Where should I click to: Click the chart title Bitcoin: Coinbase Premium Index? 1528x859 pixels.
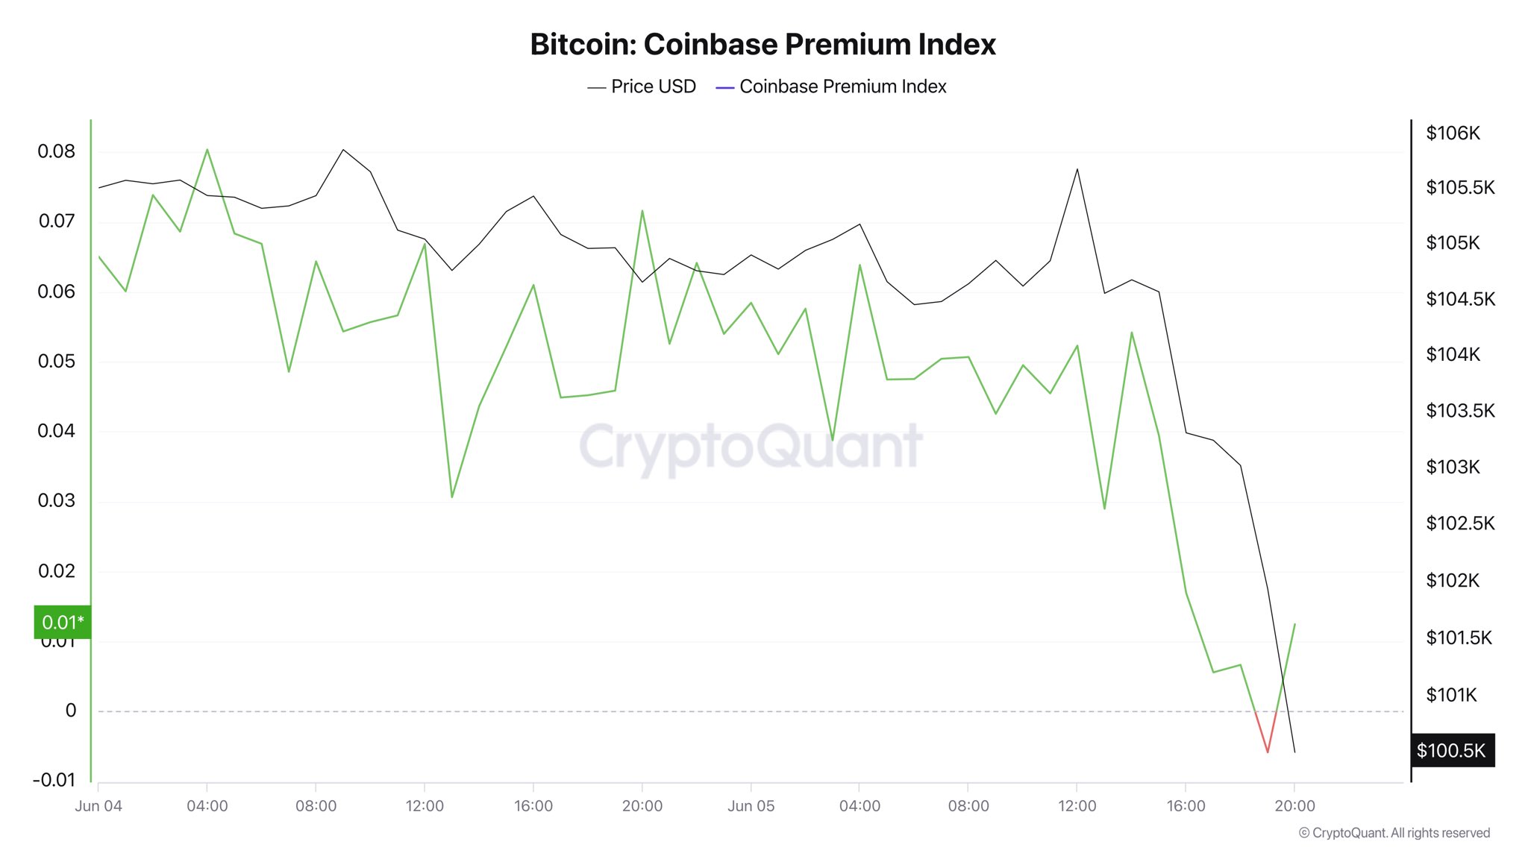click(x=763, y=45)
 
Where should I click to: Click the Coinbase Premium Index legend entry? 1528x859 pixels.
click(x=831, y=87)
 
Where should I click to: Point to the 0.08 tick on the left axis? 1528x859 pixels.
click(x=57, y=151)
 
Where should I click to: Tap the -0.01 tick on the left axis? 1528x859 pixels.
click(x=54, y=780)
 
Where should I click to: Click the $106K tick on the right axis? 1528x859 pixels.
click(x=1453, y=133)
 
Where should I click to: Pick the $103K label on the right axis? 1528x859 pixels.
click(x=1453, y=468)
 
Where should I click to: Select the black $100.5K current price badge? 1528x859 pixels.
click(x=1452, y=751)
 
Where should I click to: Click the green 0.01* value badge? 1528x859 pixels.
click(x=63, y=623)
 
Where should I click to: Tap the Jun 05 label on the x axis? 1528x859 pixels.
click(x=751, y=806)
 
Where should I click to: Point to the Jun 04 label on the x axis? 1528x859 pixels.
click(x=98, y=806)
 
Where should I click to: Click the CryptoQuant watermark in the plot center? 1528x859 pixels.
click(x=751, y=447)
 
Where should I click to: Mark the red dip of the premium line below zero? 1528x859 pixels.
click(x=1267, y=750)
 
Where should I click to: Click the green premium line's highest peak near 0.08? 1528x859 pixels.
click(x=207, y=150)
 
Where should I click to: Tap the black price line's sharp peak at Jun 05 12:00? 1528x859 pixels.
click(x=1077, y=170)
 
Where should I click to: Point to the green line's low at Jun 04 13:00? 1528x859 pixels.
click(x=452, y=497)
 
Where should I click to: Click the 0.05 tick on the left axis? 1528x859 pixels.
click(x=57, y=362)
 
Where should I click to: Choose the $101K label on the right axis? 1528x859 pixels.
click(x=1451, y=696)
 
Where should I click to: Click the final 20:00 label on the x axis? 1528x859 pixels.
click(x=1294, y=806)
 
